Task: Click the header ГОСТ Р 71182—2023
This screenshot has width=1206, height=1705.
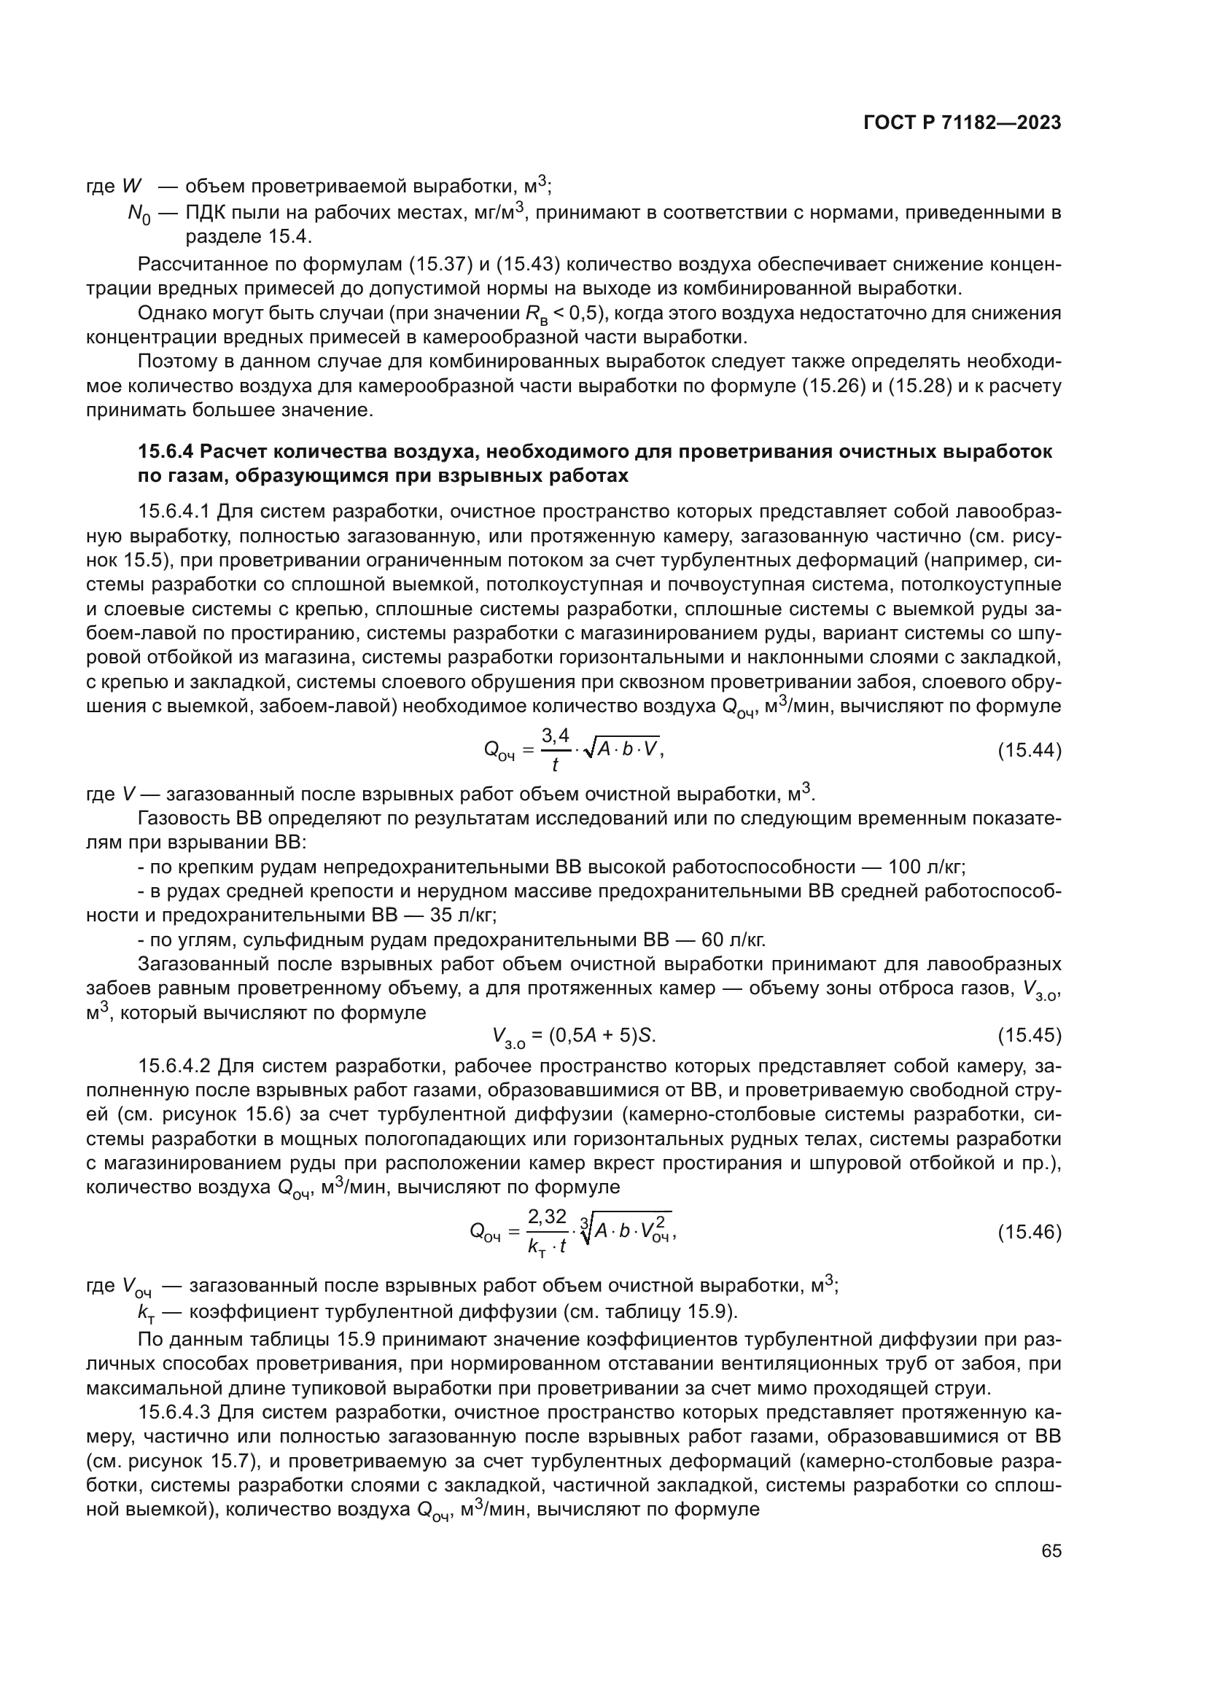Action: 962,123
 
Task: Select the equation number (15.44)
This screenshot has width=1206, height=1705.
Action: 1029,751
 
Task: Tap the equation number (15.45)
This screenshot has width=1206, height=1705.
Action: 1029,1034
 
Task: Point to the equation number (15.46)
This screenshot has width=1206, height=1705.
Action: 1029,1232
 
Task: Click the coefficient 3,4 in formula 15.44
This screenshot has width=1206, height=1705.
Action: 556,736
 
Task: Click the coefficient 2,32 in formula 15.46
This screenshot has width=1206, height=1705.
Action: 548,1217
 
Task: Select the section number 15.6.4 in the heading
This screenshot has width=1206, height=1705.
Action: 166,451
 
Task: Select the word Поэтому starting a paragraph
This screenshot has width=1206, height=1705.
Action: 177,362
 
